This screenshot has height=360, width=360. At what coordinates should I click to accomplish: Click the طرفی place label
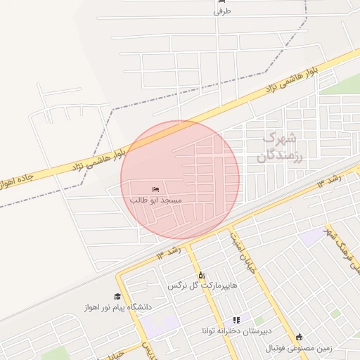pyautogui.click(x=221, y=11)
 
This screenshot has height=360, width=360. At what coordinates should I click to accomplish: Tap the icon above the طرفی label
pyautogui.click(x=221, y=1)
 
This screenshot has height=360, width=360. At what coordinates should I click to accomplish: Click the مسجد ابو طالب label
pyautogui.click(x=156, y=200)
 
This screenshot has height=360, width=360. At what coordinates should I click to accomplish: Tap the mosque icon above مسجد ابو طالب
pyautogui.click(x=155, y=189)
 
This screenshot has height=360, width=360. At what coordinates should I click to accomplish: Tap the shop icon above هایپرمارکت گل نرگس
pyautogui.click(x=202, y=275)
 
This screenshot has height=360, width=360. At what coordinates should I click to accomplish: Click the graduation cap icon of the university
pyautogui.click(x=117, y=297)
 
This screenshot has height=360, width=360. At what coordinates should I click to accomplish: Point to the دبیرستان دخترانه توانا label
pyautogui.click(x=236, y=330)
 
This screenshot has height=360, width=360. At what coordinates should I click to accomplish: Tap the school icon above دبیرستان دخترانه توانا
pyautogui.click(x=236, y=320)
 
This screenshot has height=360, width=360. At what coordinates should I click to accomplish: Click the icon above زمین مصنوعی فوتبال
pyautogui.click(x=300, y=337)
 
